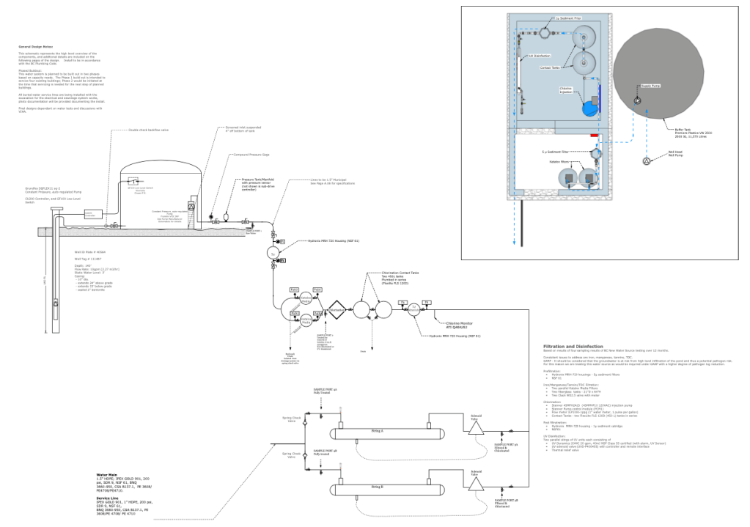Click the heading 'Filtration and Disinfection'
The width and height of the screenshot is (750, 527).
pos(573,347)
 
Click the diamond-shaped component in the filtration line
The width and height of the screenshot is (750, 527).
pos(337,310)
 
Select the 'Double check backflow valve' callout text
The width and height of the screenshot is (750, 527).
pos(149,130)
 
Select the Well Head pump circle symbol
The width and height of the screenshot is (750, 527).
pos(647,160)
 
